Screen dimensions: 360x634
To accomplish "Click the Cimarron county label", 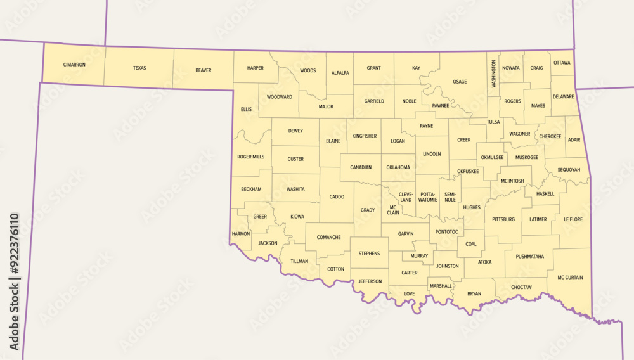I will coord(74,65).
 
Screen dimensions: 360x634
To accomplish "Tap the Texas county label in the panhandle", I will coord(139,68).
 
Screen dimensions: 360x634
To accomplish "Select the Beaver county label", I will coord(204,70).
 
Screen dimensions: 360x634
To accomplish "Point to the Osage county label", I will coord(460,82).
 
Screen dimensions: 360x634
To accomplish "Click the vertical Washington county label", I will coord(493,74).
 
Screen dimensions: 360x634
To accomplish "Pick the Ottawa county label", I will coord(562,63).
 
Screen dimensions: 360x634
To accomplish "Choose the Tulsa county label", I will coord(493,122).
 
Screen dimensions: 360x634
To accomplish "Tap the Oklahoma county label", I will coord(398,167).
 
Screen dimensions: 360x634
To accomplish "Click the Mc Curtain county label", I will coord(570,277).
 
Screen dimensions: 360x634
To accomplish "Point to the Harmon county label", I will coord(241,234).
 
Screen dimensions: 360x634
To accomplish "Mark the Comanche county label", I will coord(329,238).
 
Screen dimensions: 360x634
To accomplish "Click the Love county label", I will coord(409,293).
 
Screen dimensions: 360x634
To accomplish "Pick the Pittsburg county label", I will coord(504,219).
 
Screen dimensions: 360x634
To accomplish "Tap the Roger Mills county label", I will coord(250,157).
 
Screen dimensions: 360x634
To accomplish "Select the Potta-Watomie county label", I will coord(427,196).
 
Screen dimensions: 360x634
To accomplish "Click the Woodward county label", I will coord(280,97).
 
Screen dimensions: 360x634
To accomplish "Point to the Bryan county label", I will coord(474,293).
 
